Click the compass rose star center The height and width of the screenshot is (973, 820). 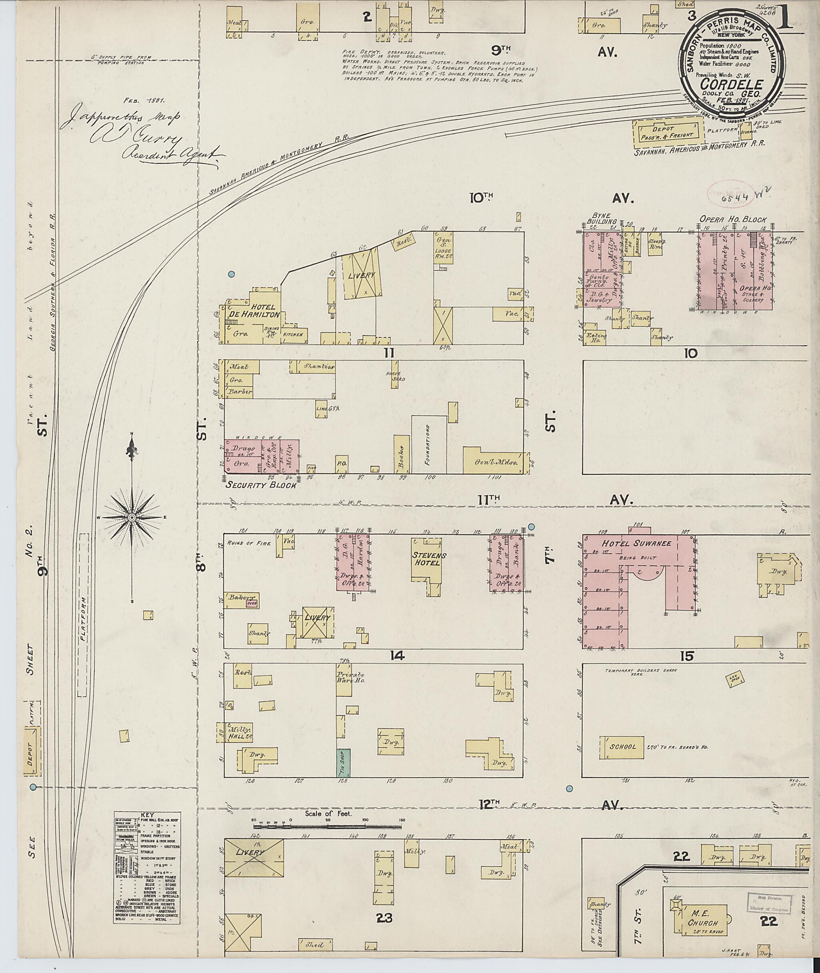pos(133,517)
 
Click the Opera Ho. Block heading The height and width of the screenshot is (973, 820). pos(733,220)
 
